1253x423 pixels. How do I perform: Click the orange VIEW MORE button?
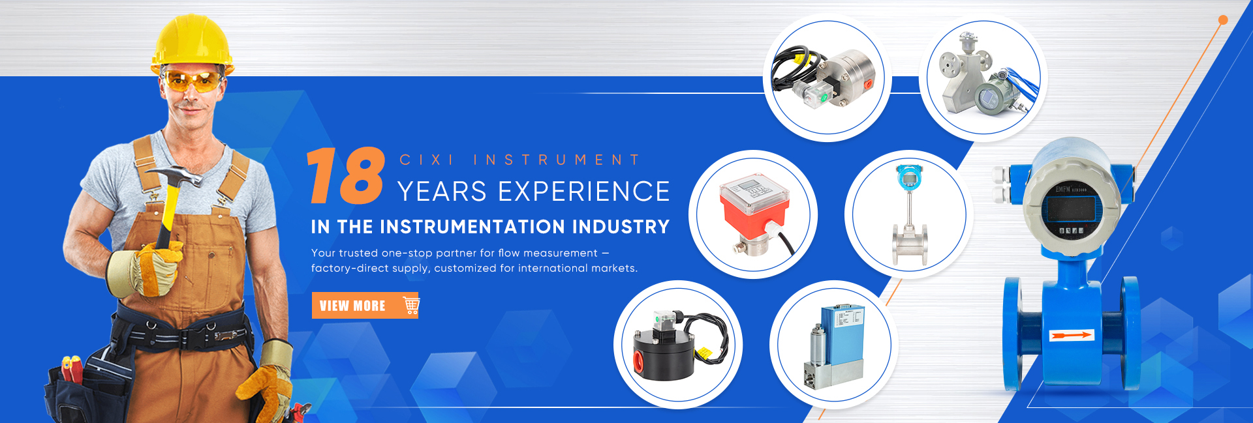tap(365, 305)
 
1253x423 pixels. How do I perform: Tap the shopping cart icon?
tap(411, 305)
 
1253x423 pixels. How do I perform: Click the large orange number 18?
tap(346, 175)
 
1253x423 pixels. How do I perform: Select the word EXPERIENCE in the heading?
tap(584, 192)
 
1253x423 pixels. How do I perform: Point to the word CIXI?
tap(427, 160)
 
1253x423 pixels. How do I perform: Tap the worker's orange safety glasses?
tap(192, 81)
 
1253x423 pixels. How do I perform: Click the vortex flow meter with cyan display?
tap(909, 214)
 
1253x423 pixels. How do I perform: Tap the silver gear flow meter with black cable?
tap(824, 78)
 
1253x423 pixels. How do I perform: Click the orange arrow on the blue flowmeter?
tap(1071, 335)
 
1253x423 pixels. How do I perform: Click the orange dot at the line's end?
tap(1223, 20)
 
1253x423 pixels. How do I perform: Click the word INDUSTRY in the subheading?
tap(621, 227)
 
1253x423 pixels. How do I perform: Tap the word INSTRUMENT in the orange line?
tap(556, 160)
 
